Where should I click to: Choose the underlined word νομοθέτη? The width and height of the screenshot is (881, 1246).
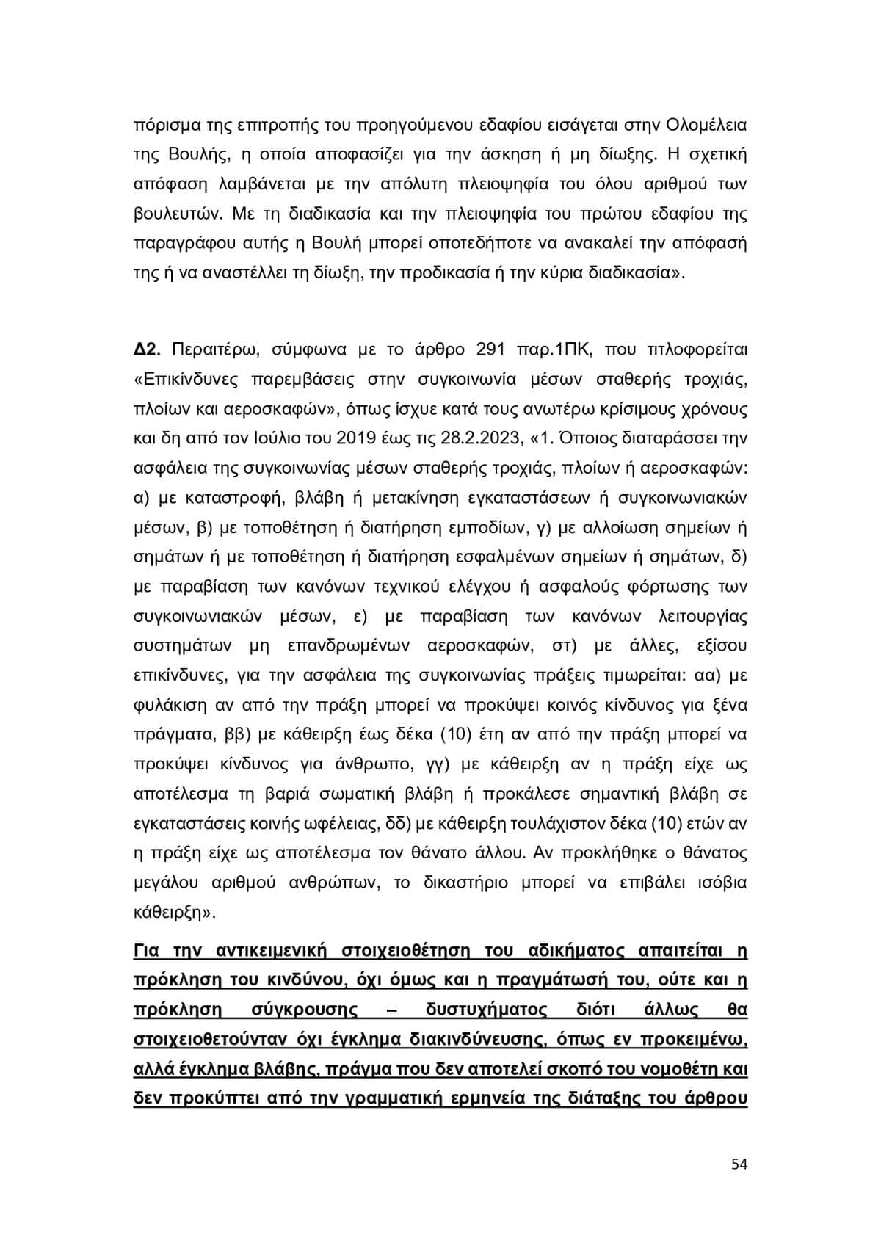pyautogui.click(x=677, y=1069)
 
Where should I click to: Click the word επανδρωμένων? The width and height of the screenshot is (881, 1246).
pyautogui.click(x=344, y=645)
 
